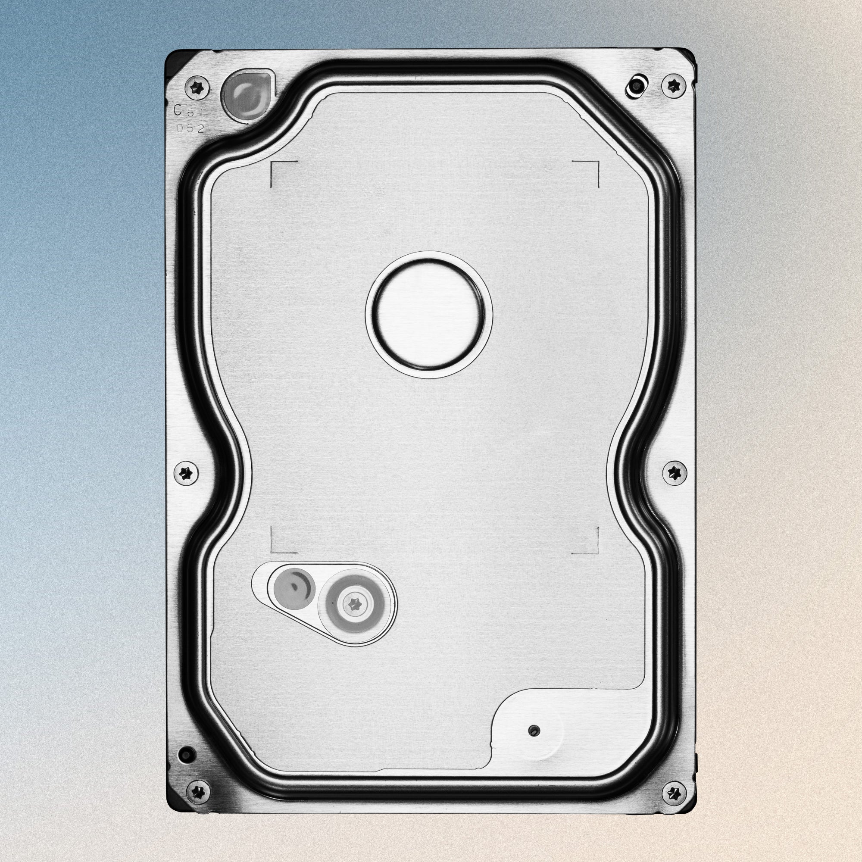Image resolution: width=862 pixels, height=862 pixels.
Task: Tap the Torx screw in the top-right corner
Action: tap(674, 85)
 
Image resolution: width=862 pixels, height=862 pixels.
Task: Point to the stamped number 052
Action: tap(191, 129)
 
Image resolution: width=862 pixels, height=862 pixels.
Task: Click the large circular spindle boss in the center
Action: tap(429, 315)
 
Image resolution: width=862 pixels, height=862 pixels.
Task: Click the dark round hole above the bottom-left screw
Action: tap(186, 755)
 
